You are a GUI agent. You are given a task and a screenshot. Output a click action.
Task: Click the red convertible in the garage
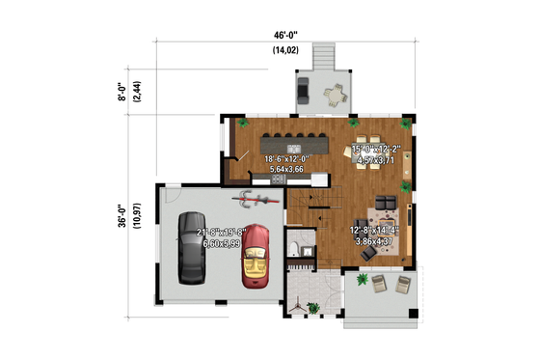click(256, 256)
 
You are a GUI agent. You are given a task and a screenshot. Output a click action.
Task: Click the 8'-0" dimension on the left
click(122, 93)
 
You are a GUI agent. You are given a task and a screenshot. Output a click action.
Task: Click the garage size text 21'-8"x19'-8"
click(224, 233)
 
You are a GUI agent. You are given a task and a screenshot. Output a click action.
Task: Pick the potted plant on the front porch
click(362, 280)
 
